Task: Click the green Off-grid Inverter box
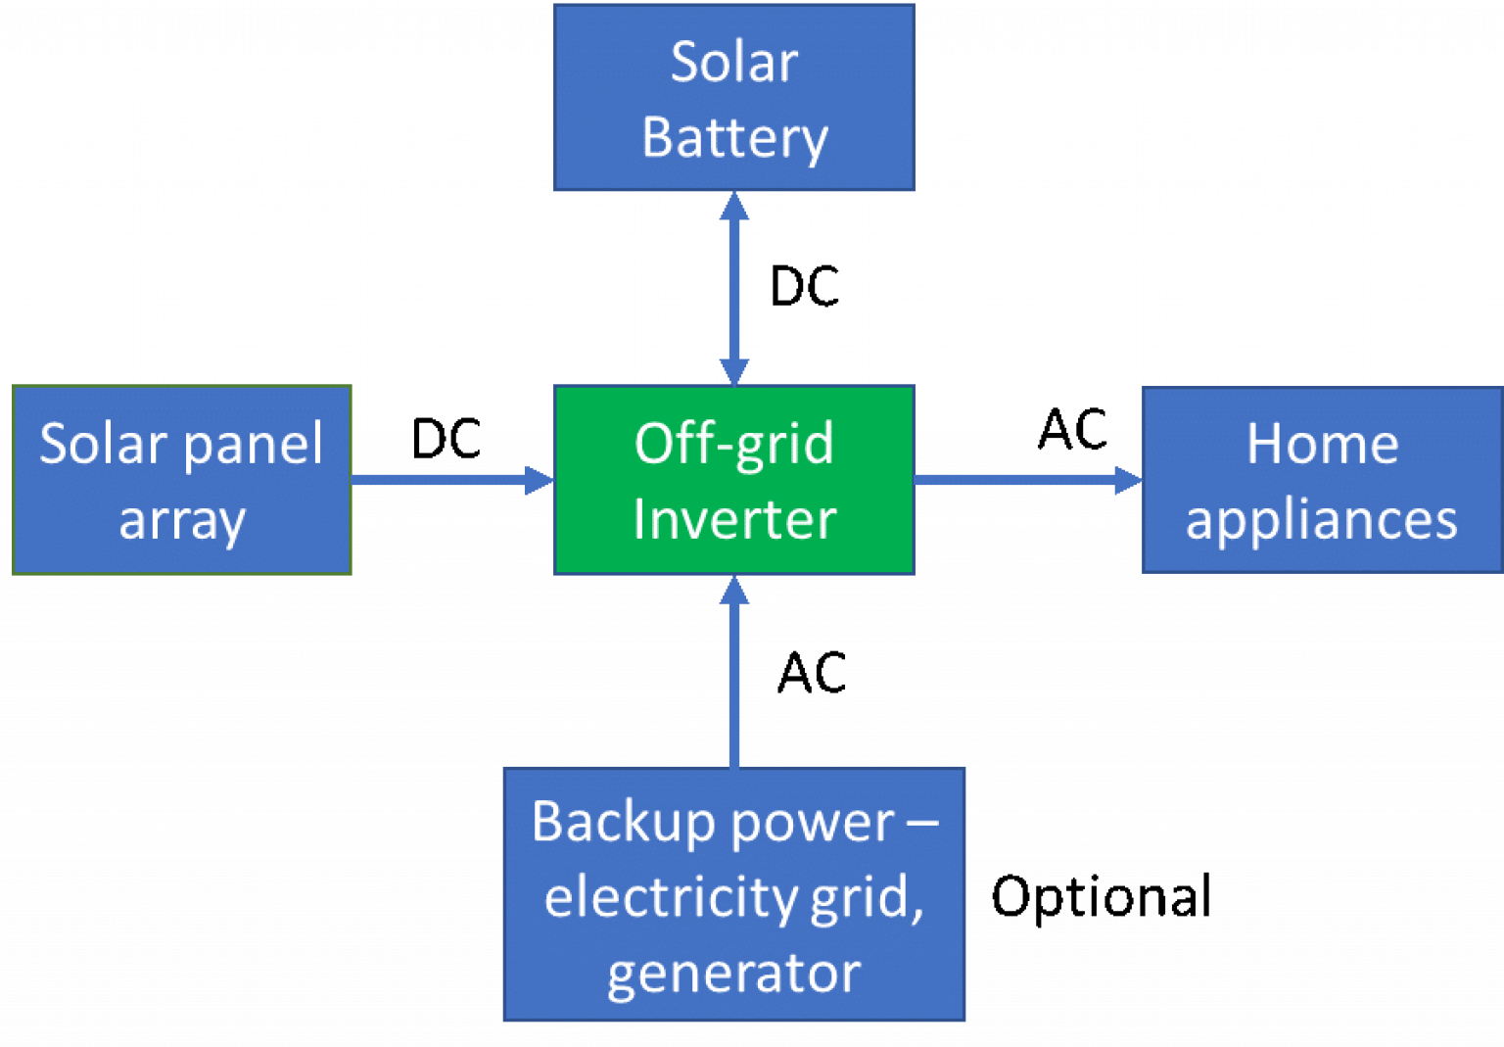tap(734, 480)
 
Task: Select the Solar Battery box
tap(734, 97)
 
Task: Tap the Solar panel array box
tap(181, 480)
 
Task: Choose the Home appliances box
tap(1322, 480)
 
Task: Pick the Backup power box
tap(734, 894)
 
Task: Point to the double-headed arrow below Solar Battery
tap(734, 288)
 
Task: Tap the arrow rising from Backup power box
tap(734, 676)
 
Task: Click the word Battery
tap(734, 138)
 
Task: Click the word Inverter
tap(734, 519)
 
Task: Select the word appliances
tap(1322, 520)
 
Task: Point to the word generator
tap(734, 974)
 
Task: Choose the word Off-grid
tap(734, 444)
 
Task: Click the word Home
tap(1322, 444)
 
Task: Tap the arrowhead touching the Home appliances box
tap(1129, 480)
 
